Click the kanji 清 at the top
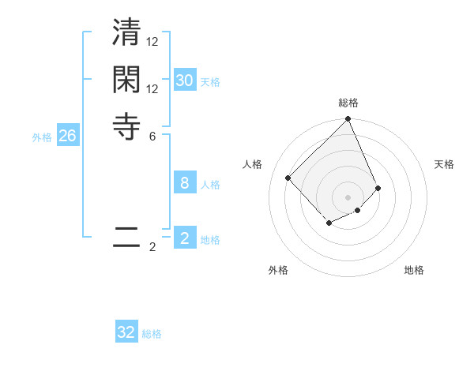126,36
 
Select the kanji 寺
126,126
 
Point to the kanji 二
126,238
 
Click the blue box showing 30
184,81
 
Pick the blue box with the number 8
184,183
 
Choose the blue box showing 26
67,136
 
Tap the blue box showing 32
126,332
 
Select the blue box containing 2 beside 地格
184,238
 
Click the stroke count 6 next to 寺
152,136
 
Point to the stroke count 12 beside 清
152,41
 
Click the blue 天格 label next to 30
210,82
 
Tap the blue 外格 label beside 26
42,137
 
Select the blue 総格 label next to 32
152,334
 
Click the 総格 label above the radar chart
348,103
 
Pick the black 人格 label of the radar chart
252,164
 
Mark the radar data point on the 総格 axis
348,120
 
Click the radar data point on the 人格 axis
288,178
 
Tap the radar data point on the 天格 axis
378,188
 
